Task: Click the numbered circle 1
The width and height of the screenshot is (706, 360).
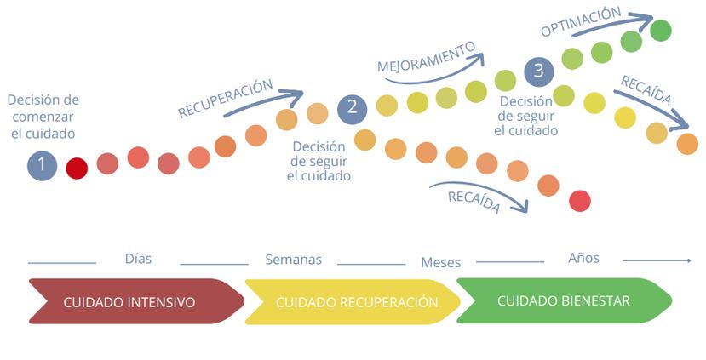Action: click(42, 165)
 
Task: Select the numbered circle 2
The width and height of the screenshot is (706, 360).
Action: click(352, 108)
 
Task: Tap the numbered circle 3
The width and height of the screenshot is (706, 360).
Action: click(538, 70)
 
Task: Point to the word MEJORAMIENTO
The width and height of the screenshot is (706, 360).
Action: click(426, 55)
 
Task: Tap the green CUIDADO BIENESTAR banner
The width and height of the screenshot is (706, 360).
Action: click(564, 300)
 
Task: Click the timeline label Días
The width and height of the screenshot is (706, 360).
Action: click(138, 259)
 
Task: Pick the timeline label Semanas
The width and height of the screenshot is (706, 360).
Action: click(293, 260)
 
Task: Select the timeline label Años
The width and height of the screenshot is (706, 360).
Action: click(583, 258)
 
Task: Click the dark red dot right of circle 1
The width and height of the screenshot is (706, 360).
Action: click(77, 168)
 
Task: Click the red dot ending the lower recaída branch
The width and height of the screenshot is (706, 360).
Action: click(579, 201)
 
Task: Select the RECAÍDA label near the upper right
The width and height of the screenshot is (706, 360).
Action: click(646, 90)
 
